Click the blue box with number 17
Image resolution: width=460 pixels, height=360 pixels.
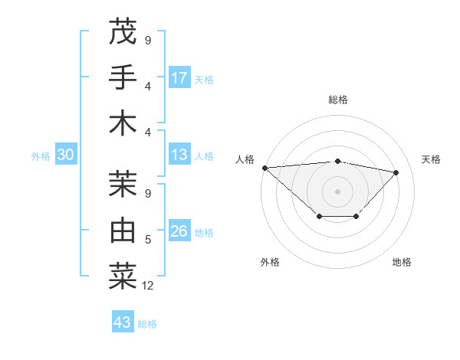(179, 78)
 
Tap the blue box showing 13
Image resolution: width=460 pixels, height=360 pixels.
(179, 155)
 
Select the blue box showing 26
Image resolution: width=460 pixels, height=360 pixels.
(179, 232)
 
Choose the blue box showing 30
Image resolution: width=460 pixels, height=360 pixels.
(65, 155)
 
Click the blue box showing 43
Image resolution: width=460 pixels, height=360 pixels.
(122, 322)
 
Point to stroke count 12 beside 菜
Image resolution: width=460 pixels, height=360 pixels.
(148, 286)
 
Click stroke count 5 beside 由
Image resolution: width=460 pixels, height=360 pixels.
(148, 240)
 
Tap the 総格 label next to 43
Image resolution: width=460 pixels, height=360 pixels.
(147, 324)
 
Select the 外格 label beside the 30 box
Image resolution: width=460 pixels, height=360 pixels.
(41, 156)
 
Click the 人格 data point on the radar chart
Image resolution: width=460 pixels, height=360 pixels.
(264, 167)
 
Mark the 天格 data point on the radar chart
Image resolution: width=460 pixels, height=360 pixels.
(396, 172)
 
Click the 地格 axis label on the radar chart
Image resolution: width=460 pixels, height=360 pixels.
(402, 262)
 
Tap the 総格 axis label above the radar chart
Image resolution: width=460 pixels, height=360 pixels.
(337, 100)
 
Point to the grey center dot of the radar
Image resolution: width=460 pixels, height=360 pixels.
(337, 191)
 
